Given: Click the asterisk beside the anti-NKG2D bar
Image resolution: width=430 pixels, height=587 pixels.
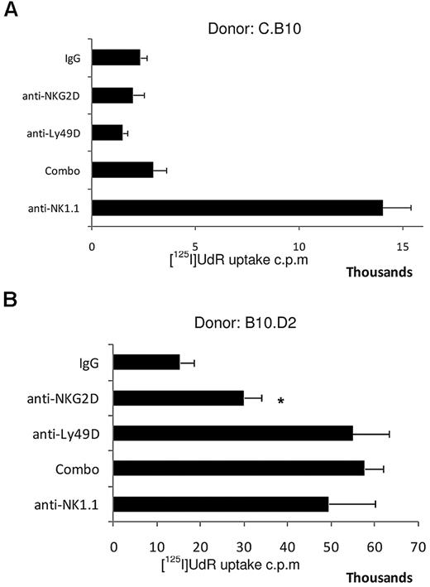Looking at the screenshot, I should point(281,402).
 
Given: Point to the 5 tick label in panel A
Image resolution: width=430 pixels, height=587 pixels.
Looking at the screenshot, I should point(194,247).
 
